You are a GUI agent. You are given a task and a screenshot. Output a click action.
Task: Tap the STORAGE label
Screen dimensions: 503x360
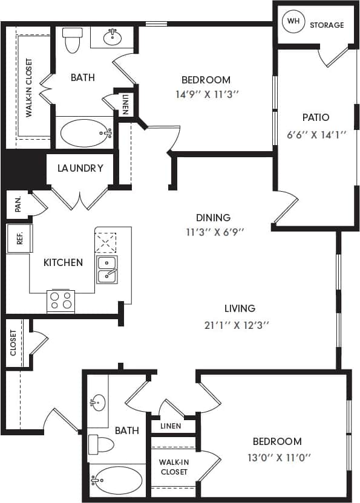click(x=327, y=25)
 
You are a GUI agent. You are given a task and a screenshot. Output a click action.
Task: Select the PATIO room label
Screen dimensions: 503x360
click(x=316, y=117)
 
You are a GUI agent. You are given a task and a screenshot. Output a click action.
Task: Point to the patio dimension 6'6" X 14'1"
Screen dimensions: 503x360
click(x=316, y=134)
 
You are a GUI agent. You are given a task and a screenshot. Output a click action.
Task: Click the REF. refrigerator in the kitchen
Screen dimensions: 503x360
click(x=19, y=238)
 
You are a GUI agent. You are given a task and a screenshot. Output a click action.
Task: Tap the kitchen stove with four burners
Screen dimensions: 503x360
click(x=61, y=300)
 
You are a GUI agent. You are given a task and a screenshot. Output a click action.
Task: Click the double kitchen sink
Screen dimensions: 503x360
click(x=107, y=270)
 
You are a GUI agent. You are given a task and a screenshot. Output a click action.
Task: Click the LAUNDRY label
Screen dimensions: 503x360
click(x=80, y=168)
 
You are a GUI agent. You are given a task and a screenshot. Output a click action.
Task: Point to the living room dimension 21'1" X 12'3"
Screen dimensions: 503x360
click(x=237, y=325)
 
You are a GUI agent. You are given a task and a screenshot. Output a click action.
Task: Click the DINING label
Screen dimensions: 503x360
click(x=213, y=218)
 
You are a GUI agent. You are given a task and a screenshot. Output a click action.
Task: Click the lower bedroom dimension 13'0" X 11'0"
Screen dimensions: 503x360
click(x=277, y=456)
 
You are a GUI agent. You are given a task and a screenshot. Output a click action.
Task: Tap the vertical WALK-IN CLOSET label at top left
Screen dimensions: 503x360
click(x=28, y=87)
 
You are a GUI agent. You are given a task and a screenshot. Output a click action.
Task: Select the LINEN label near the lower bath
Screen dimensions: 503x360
click(x=171, y=426)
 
